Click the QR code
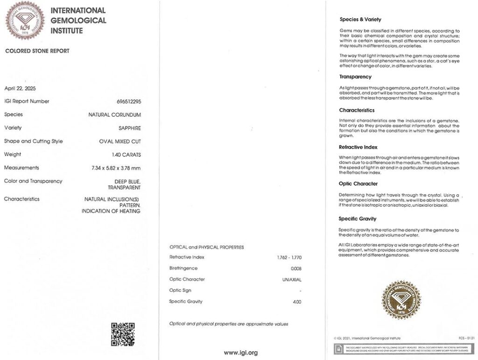click(x=123, y=334)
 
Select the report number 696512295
click(x=128, y=101)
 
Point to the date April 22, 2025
click(x=20, y=88)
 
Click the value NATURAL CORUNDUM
click(x=114, y=114)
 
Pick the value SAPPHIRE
click(x=130, y=128)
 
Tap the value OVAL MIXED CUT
click(x=120, y=141)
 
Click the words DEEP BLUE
click(x=127, y=181)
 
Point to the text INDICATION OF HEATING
click(x=111, y=211)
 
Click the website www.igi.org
click(x=240, y=353)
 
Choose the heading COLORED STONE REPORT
click(x=37, y=51)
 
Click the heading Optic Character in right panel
click(x=358, y=184)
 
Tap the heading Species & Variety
click(x=360, y=20)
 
